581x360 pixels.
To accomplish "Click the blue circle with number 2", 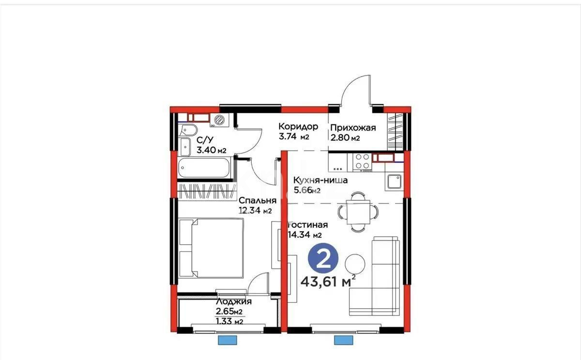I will click(x=323, y=259).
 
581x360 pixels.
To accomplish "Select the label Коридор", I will click(x=298, y=127).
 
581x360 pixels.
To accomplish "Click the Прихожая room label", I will click(x=353, y=128).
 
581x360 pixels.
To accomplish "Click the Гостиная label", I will click(x=308, y=225).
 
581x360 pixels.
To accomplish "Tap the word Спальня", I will click(x=257, y=200).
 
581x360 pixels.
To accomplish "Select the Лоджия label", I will click(x=233, y=301).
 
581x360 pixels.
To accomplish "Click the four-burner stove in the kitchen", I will click(x=362, y=162).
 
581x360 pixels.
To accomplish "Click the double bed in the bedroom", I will click(x=211, y=247).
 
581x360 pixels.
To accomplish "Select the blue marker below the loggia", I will click(x=226, y=340).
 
